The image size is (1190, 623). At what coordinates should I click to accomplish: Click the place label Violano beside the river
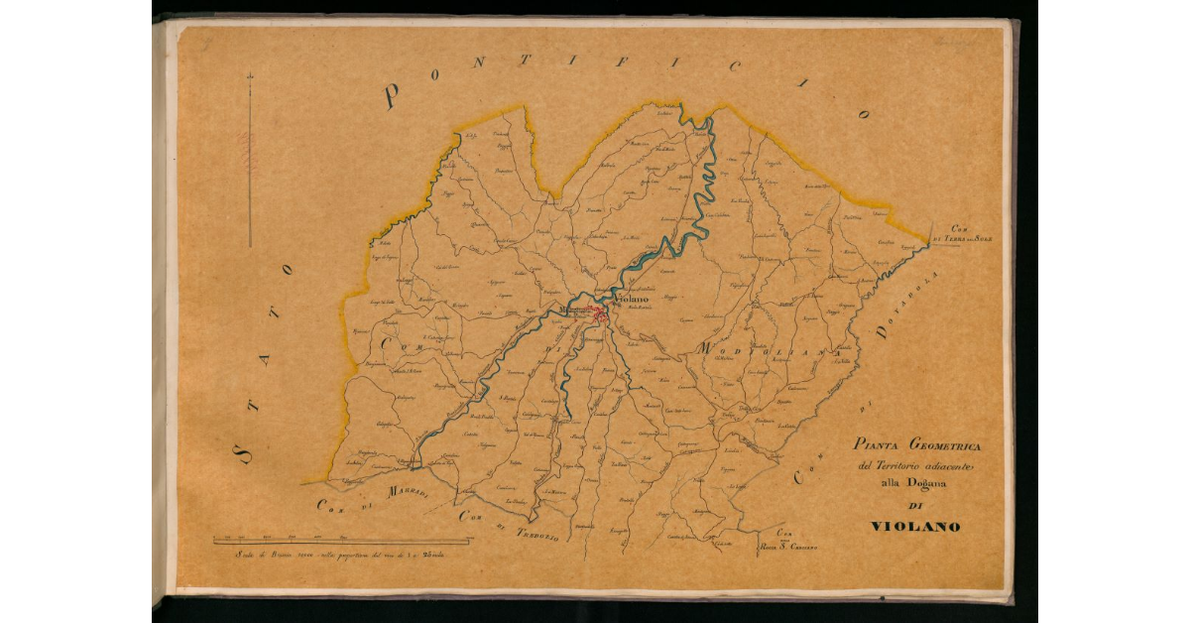(x=631, y=297)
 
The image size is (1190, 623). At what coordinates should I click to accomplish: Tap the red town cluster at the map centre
(x=600, y=315)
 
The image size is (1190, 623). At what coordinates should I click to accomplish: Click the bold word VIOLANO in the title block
(x=914, y=527)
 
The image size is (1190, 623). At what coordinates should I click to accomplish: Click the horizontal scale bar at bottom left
(x=343, y=542)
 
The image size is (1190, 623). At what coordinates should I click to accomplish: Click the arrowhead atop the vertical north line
(x=250, y=76)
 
